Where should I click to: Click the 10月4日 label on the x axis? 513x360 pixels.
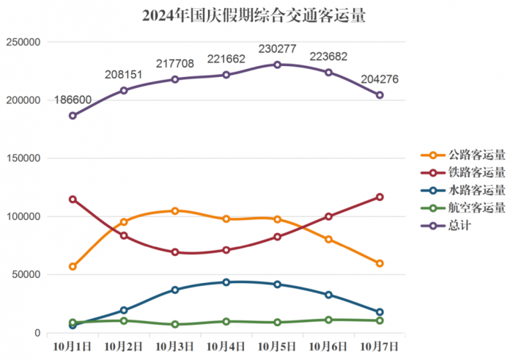tap(226, 345)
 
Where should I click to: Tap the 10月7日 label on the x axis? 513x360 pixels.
tap(380, 345)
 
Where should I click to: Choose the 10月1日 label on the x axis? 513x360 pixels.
tap(72, 345)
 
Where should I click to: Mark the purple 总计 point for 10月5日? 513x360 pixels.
tap(277, 65)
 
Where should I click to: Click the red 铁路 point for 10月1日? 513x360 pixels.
tap(73, 199)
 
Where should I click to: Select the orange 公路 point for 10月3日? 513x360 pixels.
tap(175, 211)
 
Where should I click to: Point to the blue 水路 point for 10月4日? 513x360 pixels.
tap(226, 282)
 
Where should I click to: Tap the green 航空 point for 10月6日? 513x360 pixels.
tap(328, 320)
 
